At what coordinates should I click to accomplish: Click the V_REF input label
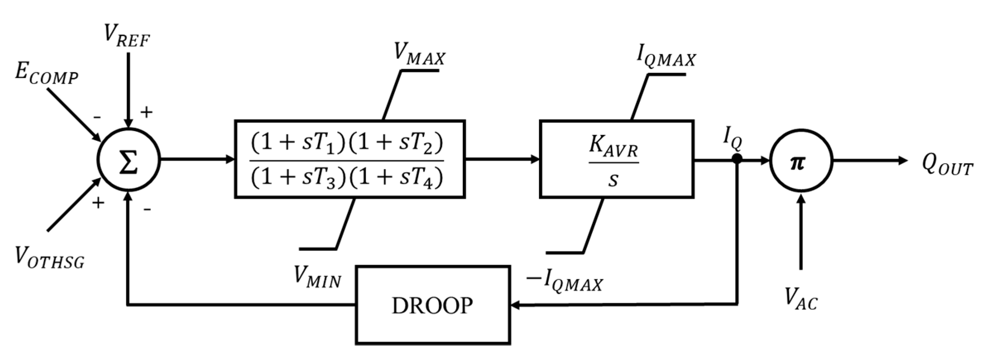pos(127,35)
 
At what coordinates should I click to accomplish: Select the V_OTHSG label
pos(50,258)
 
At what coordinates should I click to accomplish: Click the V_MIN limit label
pos(317,277)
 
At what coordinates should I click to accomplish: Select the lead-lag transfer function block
pos(349,159)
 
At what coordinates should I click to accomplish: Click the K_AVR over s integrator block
pos(616,159)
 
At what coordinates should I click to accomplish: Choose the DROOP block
pos(433,305)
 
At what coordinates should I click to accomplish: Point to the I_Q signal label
pos(732,140)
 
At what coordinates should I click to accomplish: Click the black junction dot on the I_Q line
pos(737,159)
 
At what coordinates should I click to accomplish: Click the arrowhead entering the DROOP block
pos(515,305)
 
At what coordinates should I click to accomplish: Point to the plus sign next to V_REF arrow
pos(147,112)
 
